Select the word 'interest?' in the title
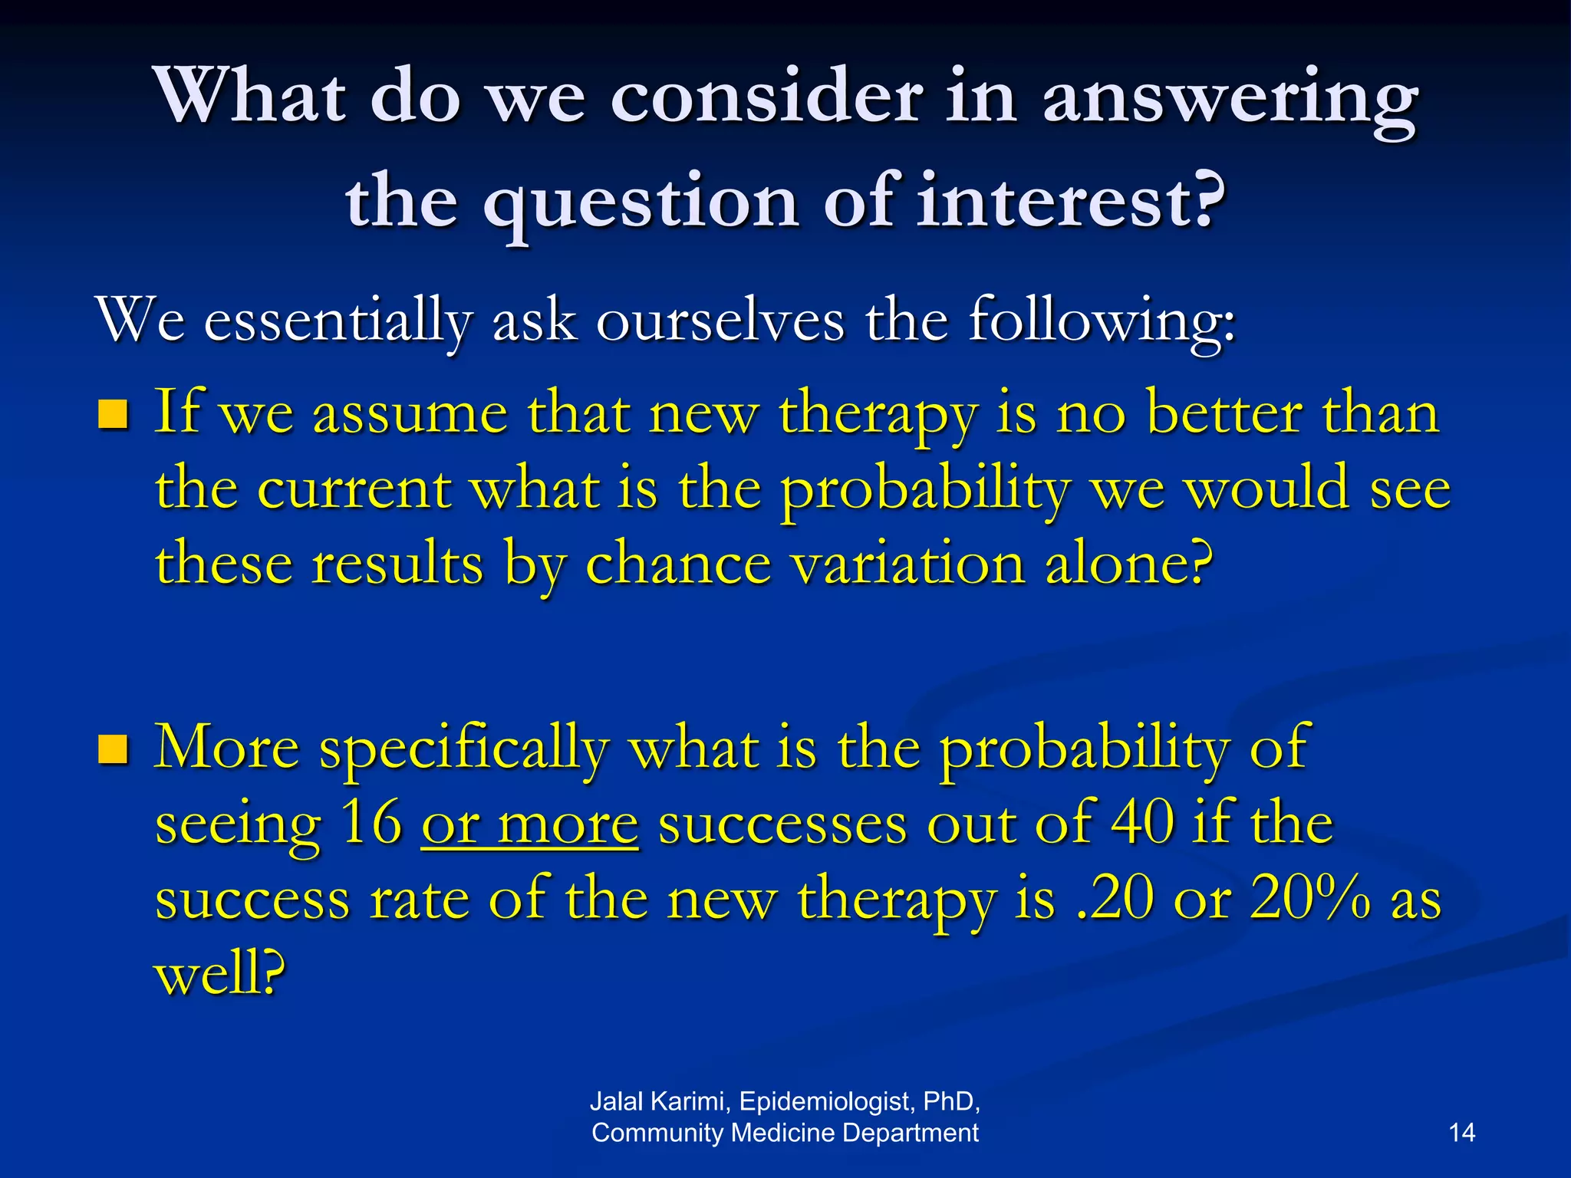click(x=1071, y=201)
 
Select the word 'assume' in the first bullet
click(x=410, y=414)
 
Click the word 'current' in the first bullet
click(x=353, y=489)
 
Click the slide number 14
click(x=1461, y=1133)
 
